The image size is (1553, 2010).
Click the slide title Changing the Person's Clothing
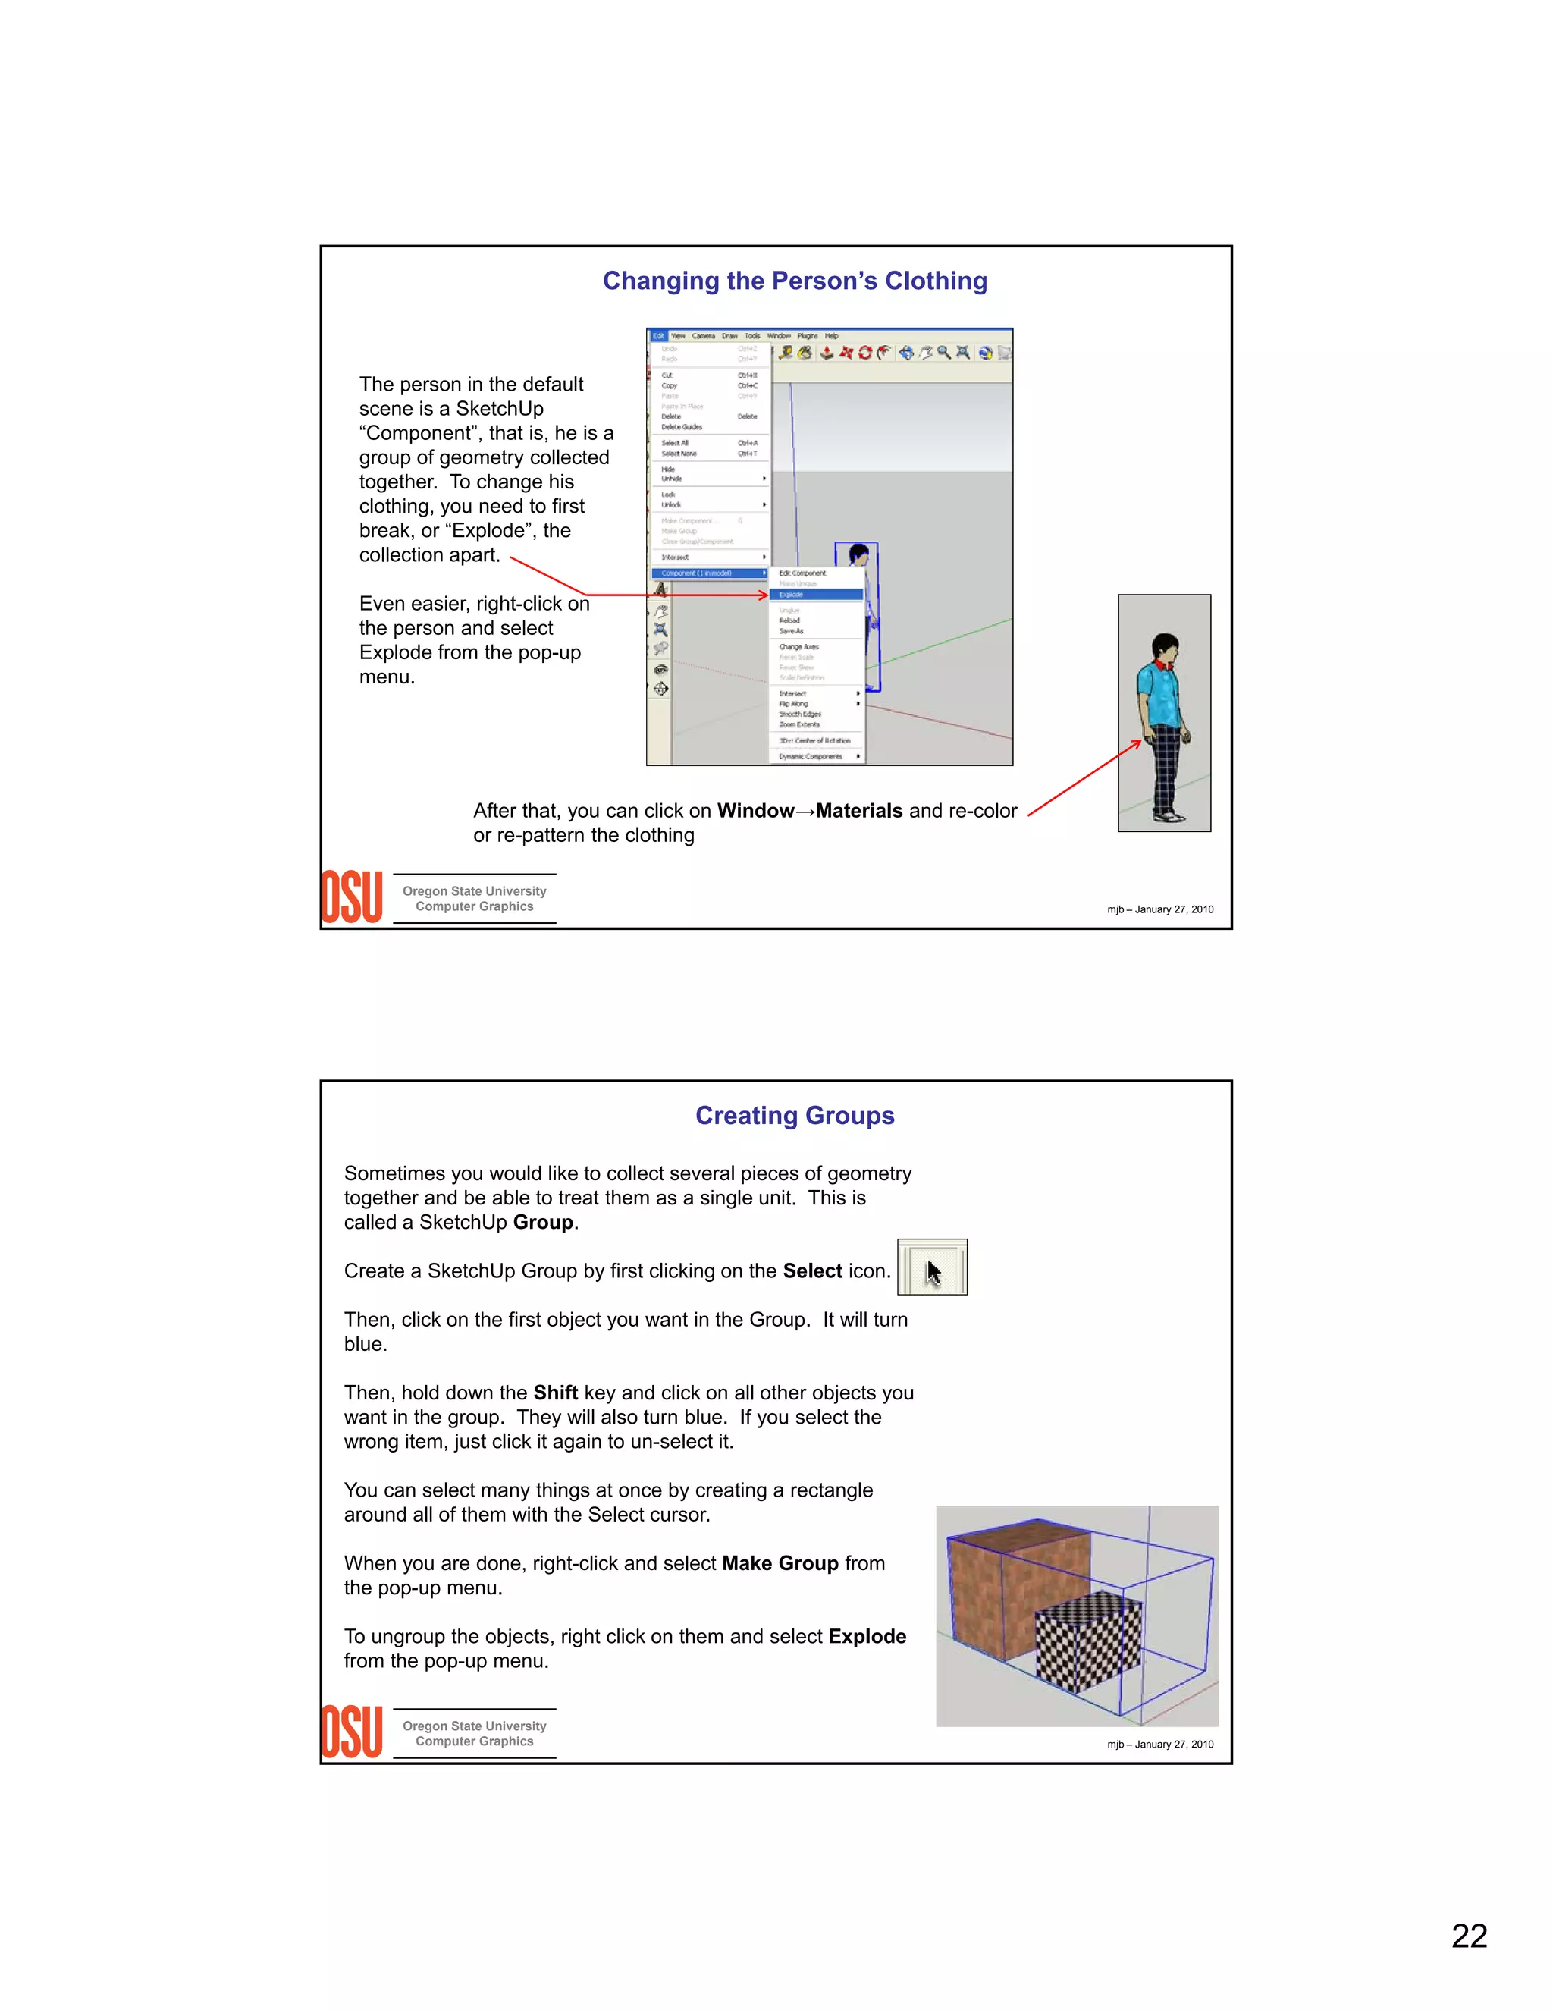[794, 281]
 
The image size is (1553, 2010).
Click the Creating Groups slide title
[794, 1116]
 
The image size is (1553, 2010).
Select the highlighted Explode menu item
[815, 595]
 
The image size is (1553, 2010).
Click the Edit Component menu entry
[802, 573]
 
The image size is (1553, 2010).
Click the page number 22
[1468, 1936]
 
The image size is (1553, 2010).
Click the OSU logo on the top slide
[351, 897]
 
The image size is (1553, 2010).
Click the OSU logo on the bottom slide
[351, 1732]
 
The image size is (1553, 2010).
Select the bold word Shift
[556, 1393]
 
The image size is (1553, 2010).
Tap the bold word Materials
[858, 811]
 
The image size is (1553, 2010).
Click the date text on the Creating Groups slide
[1159, 1744]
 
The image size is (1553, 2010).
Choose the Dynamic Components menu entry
[811, 756]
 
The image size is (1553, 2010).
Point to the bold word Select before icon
[811, 1271]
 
